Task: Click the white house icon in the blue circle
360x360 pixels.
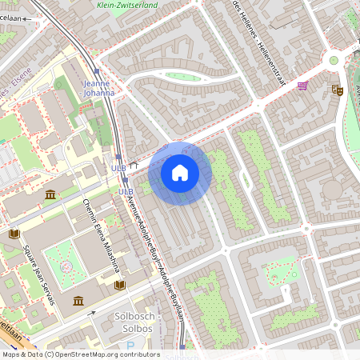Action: point(180,172)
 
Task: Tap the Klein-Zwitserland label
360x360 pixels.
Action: point(126,5)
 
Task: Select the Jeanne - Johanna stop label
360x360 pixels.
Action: point(98,87)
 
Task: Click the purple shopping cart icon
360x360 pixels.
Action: point(302,86)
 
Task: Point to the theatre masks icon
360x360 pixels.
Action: point(337,90)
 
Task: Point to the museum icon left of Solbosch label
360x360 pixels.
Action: point(78,300)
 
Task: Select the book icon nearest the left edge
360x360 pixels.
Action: point(13,234)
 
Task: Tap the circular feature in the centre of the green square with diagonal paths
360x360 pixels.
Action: point(65,264)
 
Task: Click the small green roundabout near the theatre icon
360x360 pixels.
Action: point(334,60)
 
